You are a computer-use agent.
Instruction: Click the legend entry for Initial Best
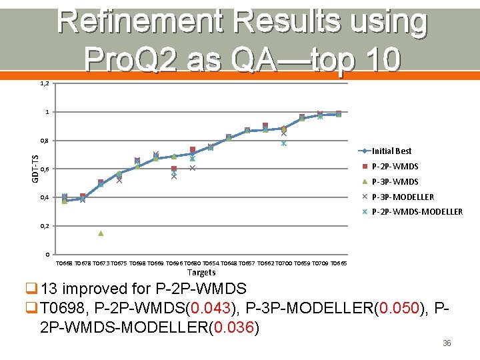[392, 151]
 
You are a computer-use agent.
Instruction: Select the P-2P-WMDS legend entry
[395, 167]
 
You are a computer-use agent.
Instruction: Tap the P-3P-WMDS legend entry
[395, 181]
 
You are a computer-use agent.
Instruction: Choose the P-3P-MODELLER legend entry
[402, 197]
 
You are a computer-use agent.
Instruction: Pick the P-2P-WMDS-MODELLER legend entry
[417, 212]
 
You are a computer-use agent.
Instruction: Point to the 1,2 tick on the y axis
[44, 83]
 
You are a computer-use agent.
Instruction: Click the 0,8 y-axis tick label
[44, 141]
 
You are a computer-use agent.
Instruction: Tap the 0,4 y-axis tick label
[44, 198]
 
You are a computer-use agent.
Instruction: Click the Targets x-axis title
[201, 272]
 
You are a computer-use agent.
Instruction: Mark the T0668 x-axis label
[63, 263]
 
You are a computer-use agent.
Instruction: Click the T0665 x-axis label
[338, 263]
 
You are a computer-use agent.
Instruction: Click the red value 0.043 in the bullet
[211, 308]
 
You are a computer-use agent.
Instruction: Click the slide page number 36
[447, 343]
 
